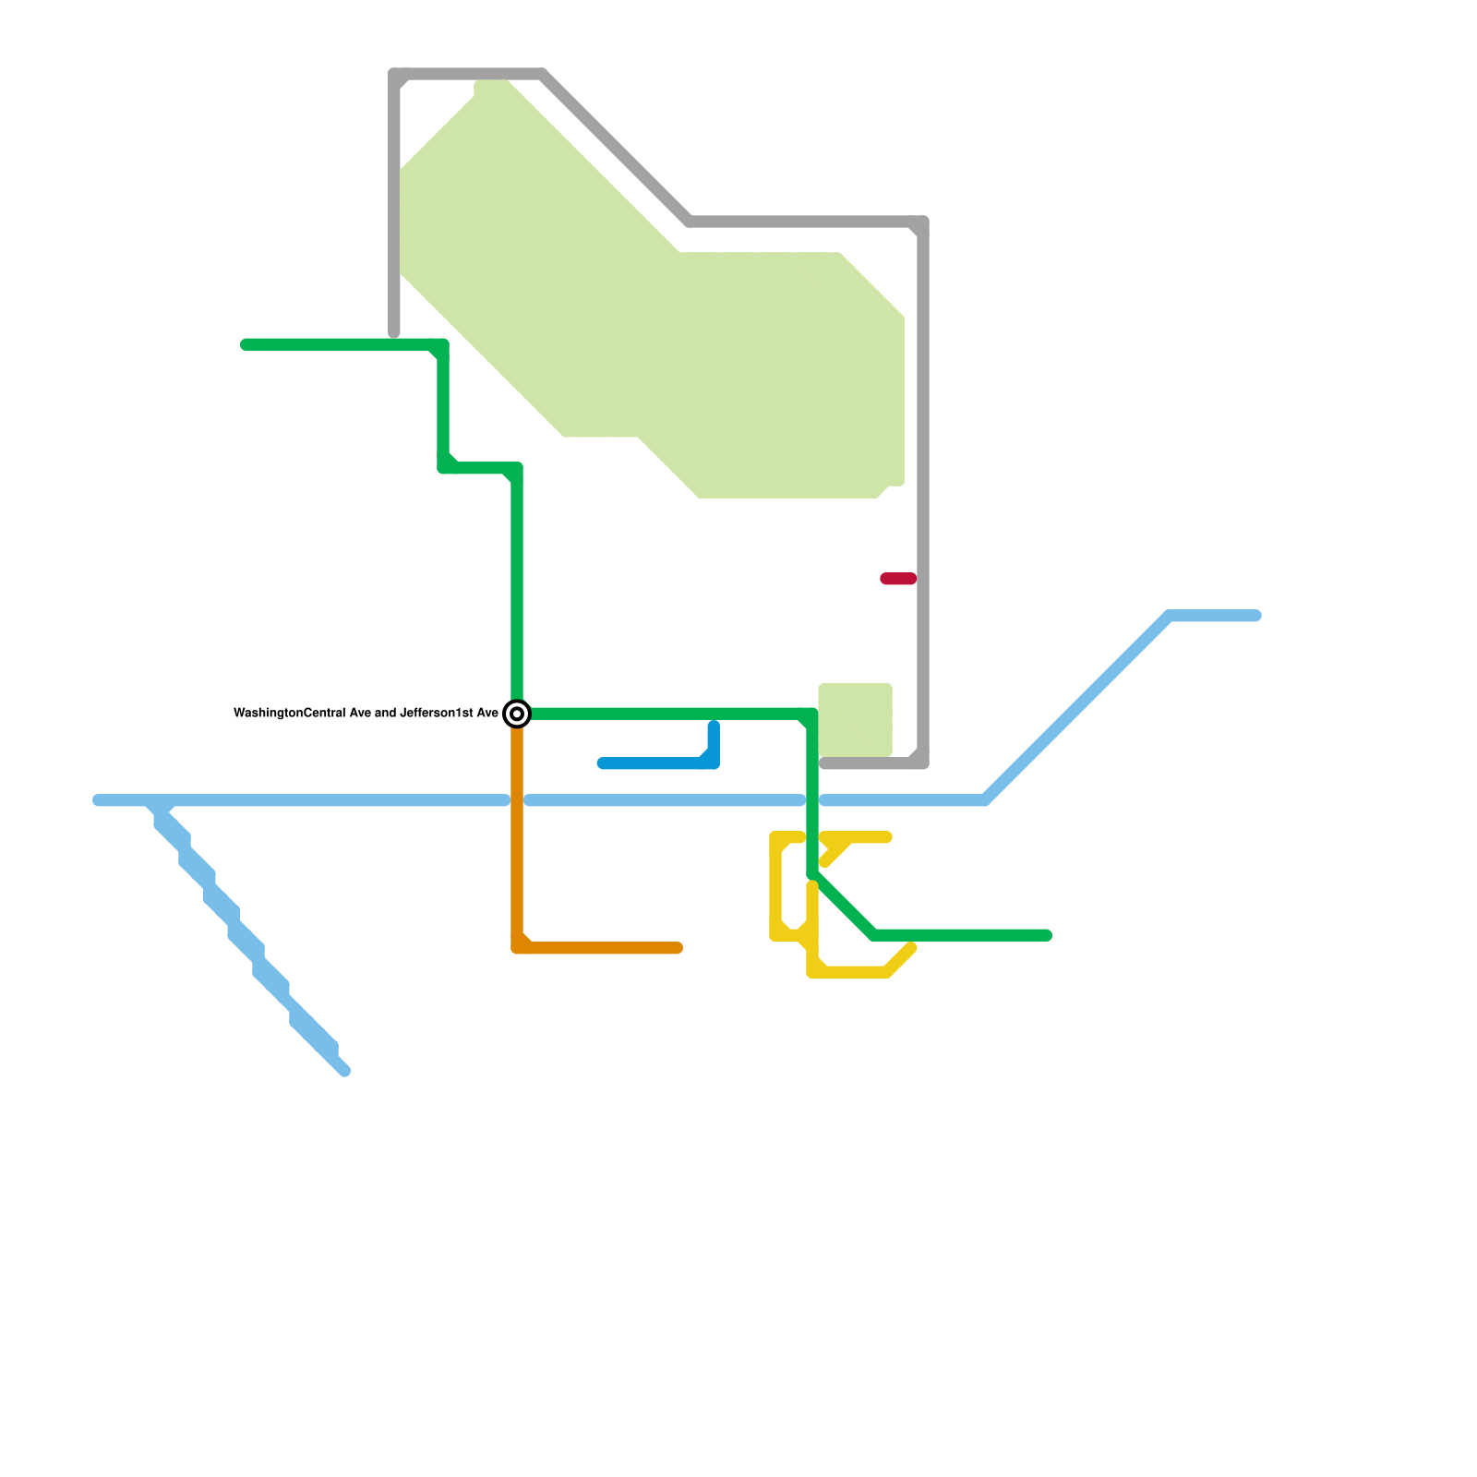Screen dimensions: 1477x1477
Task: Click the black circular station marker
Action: pyautogui.click(x=518, y=714)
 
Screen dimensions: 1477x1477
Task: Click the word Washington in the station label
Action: pyautogui.click(x=269, y=714)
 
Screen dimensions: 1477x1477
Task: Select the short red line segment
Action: pyautogui.click(x=898, y=579)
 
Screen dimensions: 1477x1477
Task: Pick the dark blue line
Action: pyautogui.click(x=655, y=763)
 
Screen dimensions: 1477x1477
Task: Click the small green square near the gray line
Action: pyautogui.click(x=855, y=719)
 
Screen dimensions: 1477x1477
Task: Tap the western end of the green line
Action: pyautogui.click(x=246, y=345)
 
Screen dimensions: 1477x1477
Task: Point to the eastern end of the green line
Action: pyautogui.click(x=1047, y=936)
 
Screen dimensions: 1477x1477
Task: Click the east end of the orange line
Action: pyautogui.click(x=678, y=948)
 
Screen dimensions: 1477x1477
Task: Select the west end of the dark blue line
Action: pyautogui.click(x=602, y=763)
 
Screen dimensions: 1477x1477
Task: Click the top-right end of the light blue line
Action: pyautogui.click(x=1256, y=616)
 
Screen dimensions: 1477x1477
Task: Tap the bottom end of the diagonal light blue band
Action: pyautogui.click(x=345, y=1072)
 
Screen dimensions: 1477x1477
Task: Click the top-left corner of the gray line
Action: pyautogui.click(x=395, y=75)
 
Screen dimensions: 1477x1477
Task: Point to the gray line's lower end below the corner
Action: pyautogui.click(x=394, y=332)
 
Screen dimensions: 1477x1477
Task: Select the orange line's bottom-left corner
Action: pyautogui.click(x=518, y=947)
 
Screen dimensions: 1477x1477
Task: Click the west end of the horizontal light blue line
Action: pyautogui.click(x=98, y=800)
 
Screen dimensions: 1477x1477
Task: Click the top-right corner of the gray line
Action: pyautogui.click(x=922, y=222)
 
